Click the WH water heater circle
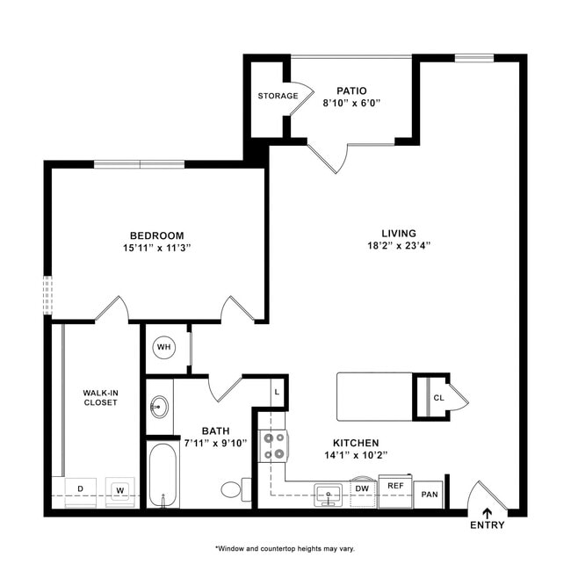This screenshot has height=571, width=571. tap(163, 347)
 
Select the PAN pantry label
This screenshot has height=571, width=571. tap(430, 495)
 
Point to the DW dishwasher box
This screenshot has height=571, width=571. tap(362, 488)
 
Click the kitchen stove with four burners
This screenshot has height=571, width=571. tap(273, 445)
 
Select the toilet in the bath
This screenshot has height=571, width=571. tap(234, 489)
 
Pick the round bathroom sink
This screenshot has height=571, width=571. tap(160, 407)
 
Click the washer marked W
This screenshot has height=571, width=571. tap(119, 488)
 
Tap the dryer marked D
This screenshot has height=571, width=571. tap(81, 488)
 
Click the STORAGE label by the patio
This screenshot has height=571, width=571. tap(276, 96)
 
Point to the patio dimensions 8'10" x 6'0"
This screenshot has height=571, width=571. tap(351, 104)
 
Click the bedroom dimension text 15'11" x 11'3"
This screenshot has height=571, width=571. tap(158, 248)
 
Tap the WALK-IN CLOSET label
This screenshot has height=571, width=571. tap(100, 397)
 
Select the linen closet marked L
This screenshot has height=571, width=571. tap(276, 392)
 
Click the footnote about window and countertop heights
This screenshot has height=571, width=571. tap(285, 548)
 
